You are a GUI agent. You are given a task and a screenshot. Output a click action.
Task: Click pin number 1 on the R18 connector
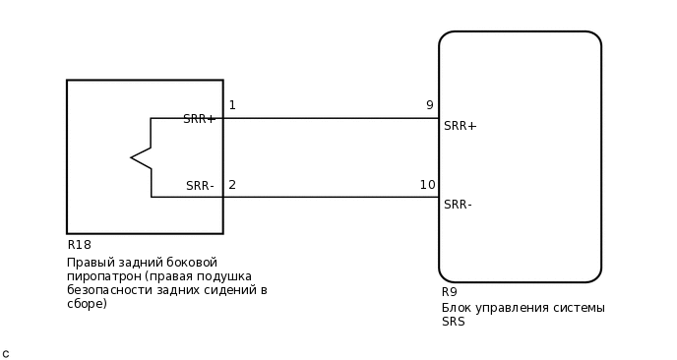[x=232, y=105]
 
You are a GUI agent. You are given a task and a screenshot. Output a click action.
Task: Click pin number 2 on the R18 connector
[x=232, y=185]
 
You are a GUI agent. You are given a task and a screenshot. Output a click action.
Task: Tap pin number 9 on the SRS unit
[x=429, y=105]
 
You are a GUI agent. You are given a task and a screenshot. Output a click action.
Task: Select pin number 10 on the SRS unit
[x=427, y=185]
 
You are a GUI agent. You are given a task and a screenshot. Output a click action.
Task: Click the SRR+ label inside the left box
[x=199, y=119]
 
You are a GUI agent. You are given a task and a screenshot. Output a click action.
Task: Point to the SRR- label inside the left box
[x=200, y=186]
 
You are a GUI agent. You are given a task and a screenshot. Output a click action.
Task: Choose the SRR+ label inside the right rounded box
[x=460, y=126]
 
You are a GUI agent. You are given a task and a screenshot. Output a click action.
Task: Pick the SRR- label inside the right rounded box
[x=458, y=205]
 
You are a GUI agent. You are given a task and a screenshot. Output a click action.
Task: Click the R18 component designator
[x=79, y=245]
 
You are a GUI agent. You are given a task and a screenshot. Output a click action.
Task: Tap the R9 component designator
[x=449, y=292]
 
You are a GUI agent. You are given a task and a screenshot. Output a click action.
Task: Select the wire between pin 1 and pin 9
[x=331, y=118]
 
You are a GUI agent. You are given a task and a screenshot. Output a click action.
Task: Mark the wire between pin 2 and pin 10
[x=331, y=197]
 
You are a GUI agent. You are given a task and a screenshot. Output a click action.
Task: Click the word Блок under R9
[x=458, y=308]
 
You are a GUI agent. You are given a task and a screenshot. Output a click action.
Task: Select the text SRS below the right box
[x=453, y=322]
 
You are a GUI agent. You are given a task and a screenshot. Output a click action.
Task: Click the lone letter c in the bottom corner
[x=5, y=353]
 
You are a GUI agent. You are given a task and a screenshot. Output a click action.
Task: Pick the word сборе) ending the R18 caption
[x=88, y=304]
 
